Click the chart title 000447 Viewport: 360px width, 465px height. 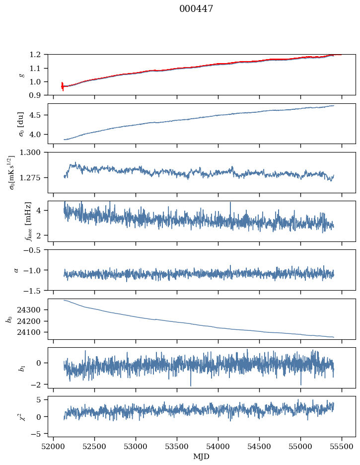[x=196, y=9]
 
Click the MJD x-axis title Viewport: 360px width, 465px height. [x=202, y=457]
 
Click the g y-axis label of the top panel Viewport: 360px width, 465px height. [x=21, y=75]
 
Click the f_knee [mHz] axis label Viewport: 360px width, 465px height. [x=28, y=221]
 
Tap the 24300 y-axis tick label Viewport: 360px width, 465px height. [x=31, y=310]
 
